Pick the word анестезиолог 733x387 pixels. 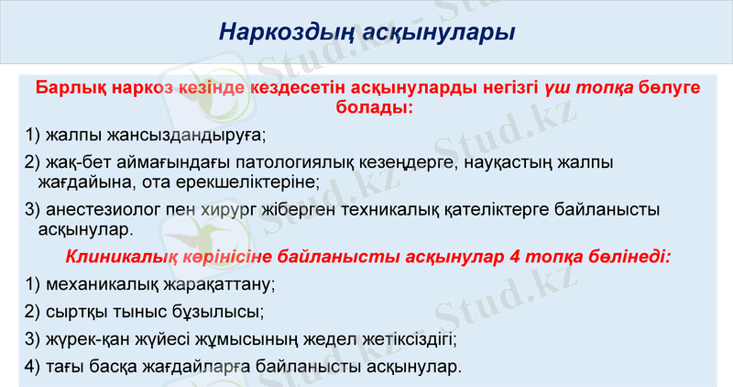100,209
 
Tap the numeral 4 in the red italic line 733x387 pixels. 512,256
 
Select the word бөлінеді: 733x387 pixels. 626,256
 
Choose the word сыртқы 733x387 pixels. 73,311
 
